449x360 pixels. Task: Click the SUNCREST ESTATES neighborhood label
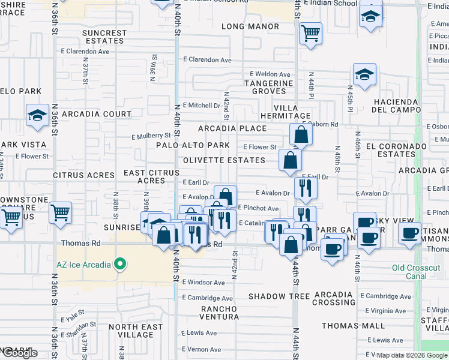[x=105, y=37]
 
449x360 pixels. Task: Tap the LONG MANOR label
[x=250, y=26]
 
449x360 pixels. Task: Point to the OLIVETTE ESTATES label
[x=224, y=160]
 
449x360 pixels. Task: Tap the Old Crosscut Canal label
[x=417, y=272]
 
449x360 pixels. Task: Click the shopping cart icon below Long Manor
[x=310, y=34]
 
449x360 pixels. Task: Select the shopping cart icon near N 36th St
[x=60, y=212]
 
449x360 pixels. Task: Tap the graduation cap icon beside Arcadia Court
[x=37, y=115]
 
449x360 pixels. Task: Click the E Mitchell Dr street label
[x=201, y=105]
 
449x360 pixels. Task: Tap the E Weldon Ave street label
[x=271, y=74]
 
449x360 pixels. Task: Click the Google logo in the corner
[x=20, y=353]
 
